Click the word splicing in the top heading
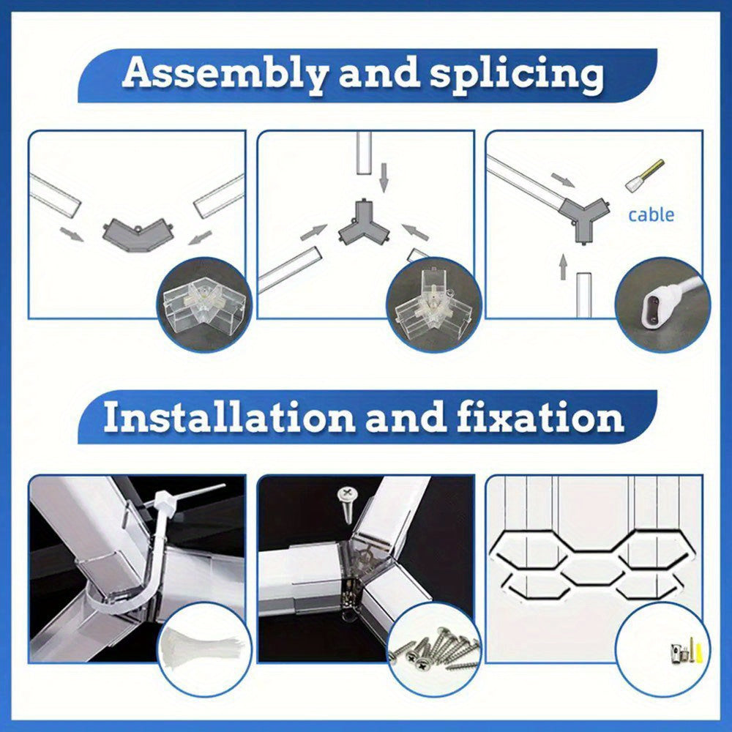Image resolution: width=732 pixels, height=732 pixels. pos(517,75)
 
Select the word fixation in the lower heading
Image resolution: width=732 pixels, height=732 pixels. pos(541,417)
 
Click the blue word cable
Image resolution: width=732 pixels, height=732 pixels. pos(651,214)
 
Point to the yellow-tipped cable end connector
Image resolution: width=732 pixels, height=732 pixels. pos(645,175)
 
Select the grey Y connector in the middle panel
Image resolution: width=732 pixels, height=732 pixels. pos(364,223)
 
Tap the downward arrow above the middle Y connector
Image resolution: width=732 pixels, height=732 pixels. pos(384,177)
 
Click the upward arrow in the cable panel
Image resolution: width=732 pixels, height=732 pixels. pos(564,266)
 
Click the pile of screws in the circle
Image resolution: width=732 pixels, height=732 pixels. pos(434,648)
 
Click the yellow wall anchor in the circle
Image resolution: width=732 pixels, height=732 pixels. pos(699,651)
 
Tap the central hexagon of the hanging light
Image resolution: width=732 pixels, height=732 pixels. pos(589,570)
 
